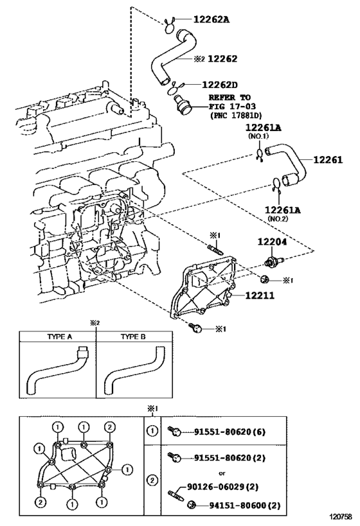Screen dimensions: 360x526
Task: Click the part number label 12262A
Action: point(212,19)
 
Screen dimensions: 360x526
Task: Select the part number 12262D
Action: point(220,85)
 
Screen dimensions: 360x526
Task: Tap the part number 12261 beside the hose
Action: point(328,160)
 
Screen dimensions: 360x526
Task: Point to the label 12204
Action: point(272,241)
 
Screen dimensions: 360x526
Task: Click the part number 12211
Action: point(260,295)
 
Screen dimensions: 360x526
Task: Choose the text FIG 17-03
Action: point(232,107)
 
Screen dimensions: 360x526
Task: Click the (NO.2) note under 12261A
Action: point(278,219)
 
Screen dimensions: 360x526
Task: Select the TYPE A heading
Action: point(59,337)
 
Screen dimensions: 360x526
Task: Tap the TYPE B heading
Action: point(133,337)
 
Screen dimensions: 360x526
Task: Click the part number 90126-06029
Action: point(215,486)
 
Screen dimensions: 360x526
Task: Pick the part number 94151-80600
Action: point(238,505)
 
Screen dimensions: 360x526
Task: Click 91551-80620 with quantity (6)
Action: point(230,432)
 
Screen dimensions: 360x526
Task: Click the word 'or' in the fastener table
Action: point(222,473)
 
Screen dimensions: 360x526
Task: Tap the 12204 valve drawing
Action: point(274,261)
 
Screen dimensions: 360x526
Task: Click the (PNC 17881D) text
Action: point(236,116)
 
